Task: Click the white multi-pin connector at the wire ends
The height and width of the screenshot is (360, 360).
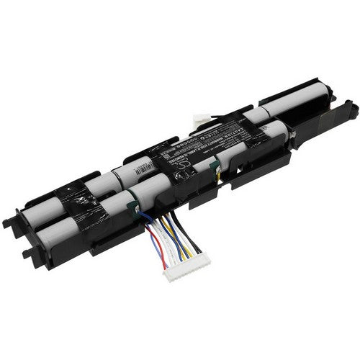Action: pyautogui.click(x=185, y=271)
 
